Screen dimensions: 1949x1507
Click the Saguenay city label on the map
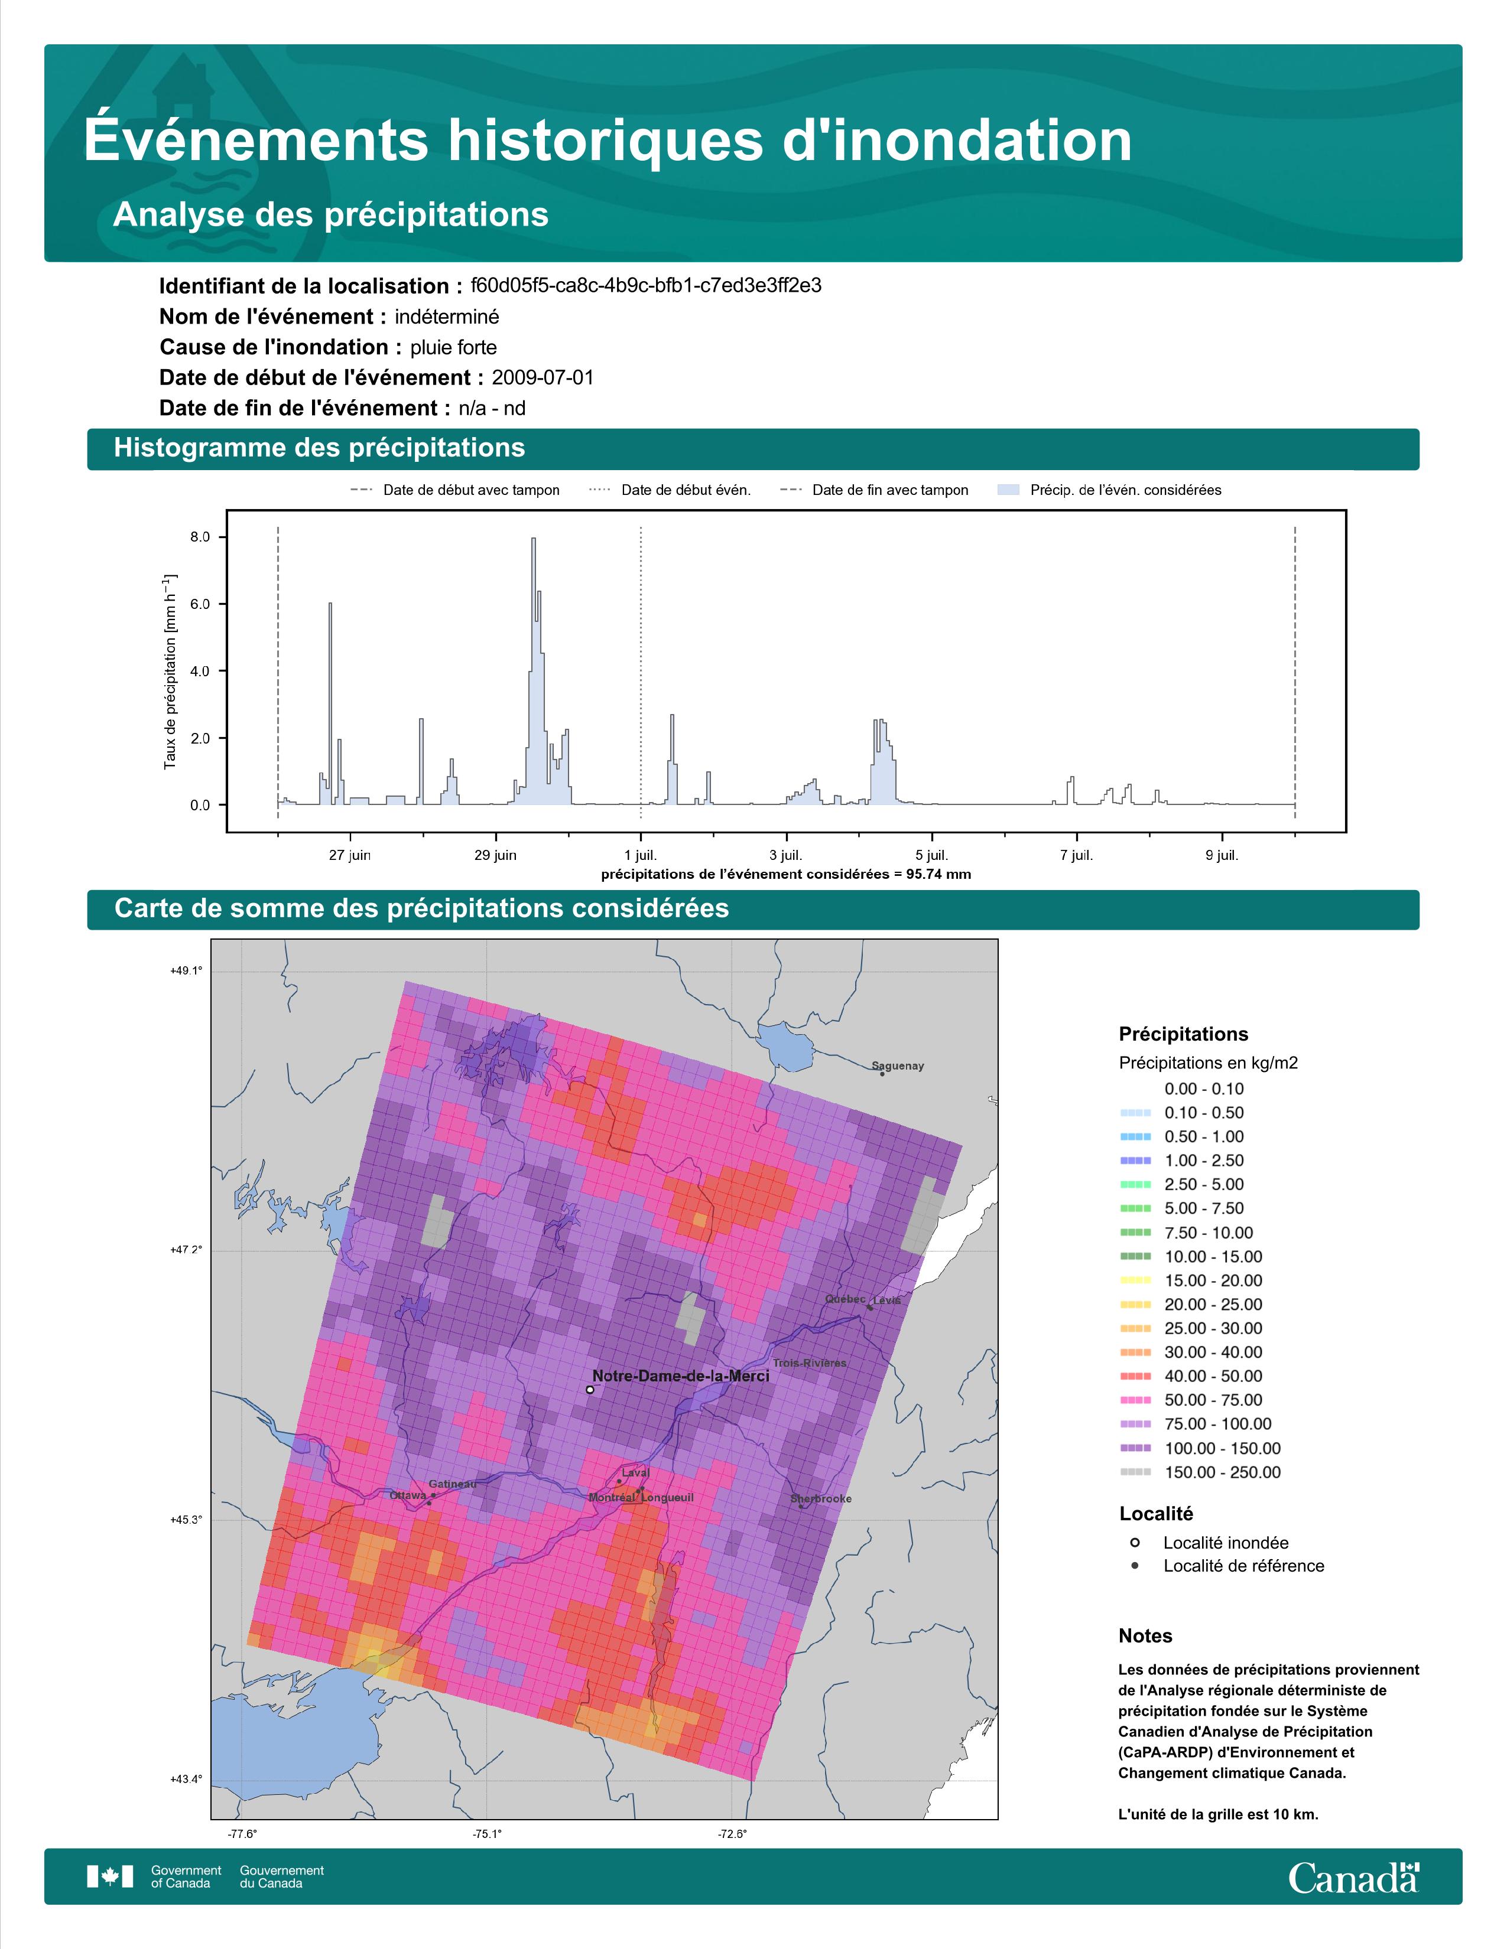pyautogui.click(x=897, y=1065)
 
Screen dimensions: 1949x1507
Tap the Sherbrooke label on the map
pyautogui.click(x=820, y=1498)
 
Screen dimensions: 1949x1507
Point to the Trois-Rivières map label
pyautogui.click(x=810, y=1363)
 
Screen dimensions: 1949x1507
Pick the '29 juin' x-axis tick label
pyautogui.click(x=495, y=855)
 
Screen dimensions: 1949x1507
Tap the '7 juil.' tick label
pyautogui.click(x=1076, y=855)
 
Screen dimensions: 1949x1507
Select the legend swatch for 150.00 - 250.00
pyautogui.click(x=1135, y=1472)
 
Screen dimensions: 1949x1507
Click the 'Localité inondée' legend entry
pyautogui.click(x=1225, y=1542)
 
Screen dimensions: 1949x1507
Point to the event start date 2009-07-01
pyautogui.click(x=542, y=377)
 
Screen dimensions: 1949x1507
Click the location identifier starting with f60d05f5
pyautogui.click(x=645, y=286)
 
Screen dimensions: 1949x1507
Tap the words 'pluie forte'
pyautogui.click(x=453, y=347)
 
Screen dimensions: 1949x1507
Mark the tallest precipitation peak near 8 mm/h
pyautogui.click(x=533, y=540)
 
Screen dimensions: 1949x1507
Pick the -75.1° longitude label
pyautogui.click(x=486, y=1833)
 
